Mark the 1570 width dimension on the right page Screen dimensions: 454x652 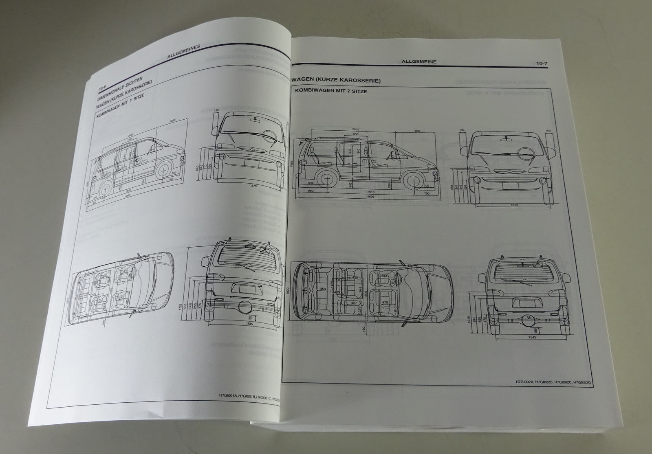(x=514, y=205)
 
